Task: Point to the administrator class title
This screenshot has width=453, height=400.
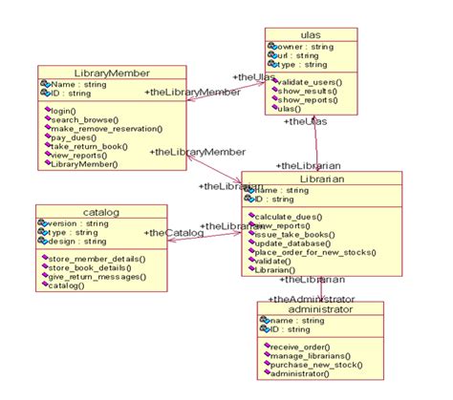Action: pyautogui.click(x=319, y=309)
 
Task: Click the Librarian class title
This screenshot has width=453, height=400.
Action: pyautogui.click(x=307, y=179)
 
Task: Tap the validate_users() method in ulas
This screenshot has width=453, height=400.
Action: pyautogui.click(x=309, y=83)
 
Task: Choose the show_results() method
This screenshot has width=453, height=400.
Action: pyautogui.click(x=306, y=92)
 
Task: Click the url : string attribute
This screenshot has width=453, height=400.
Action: pyautogui.click(x=295, y=56)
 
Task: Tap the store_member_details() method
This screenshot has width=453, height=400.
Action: pyautogui.click(x=96, y=259)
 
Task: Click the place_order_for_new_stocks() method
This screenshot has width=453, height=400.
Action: pyautogui.click(x=315, y=252)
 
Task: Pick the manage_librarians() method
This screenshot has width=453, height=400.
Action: pyautogui.click(x=307, y=356)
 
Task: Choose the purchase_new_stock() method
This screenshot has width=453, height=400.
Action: pyautogui.click(x=311, y=365)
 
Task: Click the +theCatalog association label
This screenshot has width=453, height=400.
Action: pyautogui.click(x=174, y=232)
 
